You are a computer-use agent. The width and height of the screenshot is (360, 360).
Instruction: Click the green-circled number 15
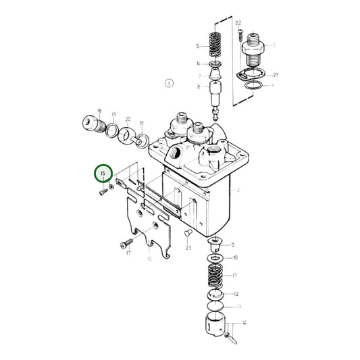coord(103,174)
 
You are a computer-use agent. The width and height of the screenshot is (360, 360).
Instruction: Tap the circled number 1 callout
coord(168,83)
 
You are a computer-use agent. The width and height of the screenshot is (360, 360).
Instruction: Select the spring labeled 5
coord(214,47)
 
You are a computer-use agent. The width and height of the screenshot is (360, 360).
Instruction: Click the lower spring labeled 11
coord(215,276)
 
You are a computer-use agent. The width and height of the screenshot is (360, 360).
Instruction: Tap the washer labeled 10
coord(215,258)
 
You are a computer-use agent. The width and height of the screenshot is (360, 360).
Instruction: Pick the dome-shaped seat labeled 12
coord(214,294)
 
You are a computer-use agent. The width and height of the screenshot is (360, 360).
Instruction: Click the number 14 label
coord(245,324)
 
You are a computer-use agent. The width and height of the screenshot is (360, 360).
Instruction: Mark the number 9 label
coord(232,245)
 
